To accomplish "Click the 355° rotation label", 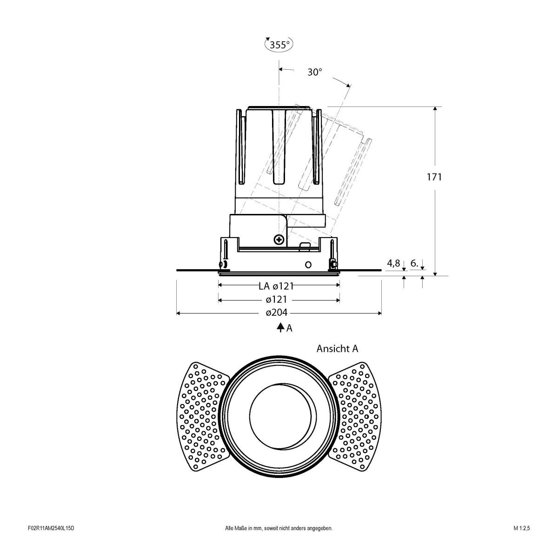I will (279, 45).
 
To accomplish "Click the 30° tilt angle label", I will (314, 72).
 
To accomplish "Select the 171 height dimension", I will (434, 177).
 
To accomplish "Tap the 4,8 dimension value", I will (393, 264).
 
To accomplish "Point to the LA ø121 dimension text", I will (276, 286).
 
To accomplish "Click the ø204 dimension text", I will (277, 313).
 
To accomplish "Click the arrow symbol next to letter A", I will (280, 328).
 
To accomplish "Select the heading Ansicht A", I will (337, 348).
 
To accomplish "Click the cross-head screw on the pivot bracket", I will (279, 240).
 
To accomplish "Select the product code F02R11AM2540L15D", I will (51, 542).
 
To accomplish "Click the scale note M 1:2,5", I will (522, 542).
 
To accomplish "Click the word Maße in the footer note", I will (240, 542).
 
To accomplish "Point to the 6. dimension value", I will (415, 264).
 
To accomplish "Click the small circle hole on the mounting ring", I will (307, 265).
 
